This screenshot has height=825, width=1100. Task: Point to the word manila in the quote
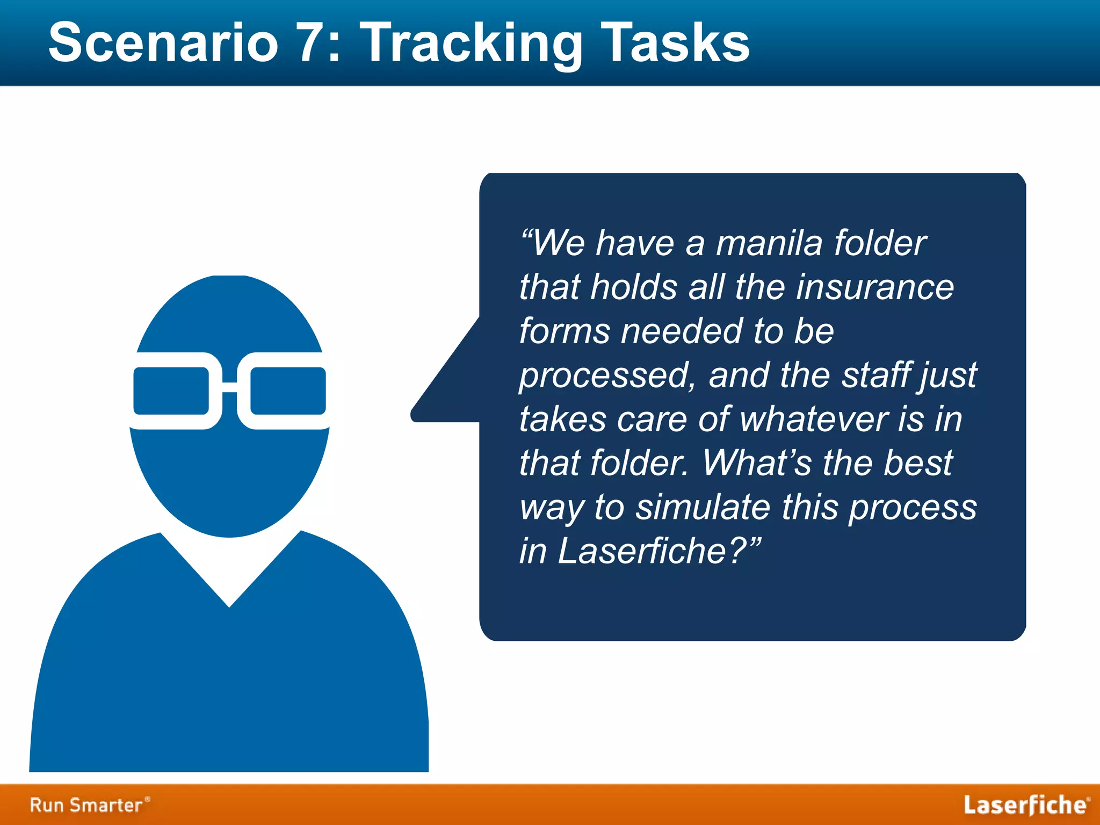click(769, 243)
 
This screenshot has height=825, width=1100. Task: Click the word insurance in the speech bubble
click(875, 287)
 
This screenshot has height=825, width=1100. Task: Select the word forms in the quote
click(565, 331)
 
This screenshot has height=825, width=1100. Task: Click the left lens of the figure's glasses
click(171, 391)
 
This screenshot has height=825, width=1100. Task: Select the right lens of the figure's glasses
click(288, 391)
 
